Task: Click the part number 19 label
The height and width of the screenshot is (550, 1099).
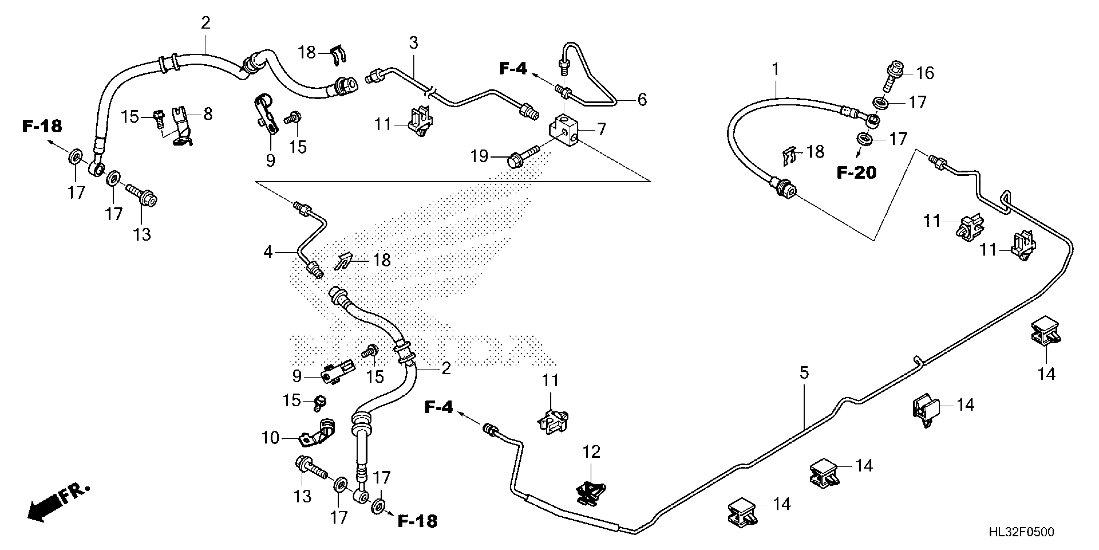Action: click(479, 157)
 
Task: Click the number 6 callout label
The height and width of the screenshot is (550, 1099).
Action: click(642, 100)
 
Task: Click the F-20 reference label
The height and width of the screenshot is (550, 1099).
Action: click(856, 172)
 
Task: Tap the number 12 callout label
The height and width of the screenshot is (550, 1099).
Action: click(591, 452)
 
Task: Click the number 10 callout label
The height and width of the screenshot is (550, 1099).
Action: click(270, 438)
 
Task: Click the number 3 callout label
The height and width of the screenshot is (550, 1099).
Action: click(413, 43)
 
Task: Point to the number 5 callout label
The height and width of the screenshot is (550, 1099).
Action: click(804, 373)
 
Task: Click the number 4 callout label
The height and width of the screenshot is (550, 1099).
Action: click(268, 252)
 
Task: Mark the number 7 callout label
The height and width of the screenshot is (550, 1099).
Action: click(601, 129)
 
